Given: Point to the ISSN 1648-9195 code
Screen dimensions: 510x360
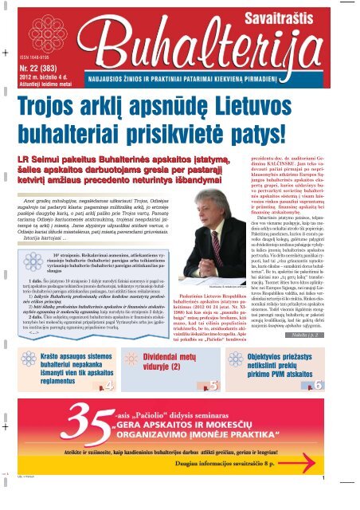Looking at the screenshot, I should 31,57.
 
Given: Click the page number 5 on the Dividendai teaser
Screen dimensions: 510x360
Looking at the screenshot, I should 214,386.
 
